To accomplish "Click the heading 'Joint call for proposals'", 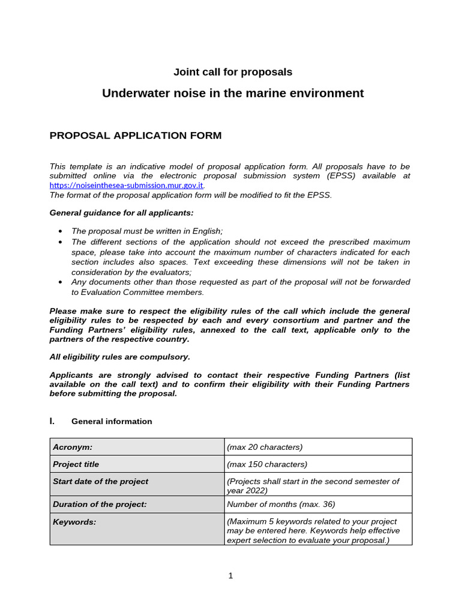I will (233, 72).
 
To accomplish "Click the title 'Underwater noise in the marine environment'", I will (233, 93).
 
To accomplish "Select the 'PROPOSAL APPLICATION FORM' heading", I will (135, 136).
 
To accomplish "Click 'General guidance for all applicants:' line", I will (121, 213).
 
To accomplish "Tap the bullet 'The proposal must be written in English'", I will (147, 231).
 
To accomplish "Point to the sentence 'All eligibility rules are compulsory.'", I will (119, 357).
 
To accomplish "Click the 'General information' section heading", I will (112, 422).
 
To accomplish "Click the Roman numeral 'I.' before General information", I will (52, 422).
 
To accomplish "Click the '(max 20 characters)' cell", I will (265, 447).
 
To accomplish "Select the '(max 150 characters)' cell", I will (267, 464).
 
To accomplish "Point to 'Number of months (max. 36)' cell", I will (281, 504).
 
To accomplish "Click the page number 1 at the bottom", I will (230, 576).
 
